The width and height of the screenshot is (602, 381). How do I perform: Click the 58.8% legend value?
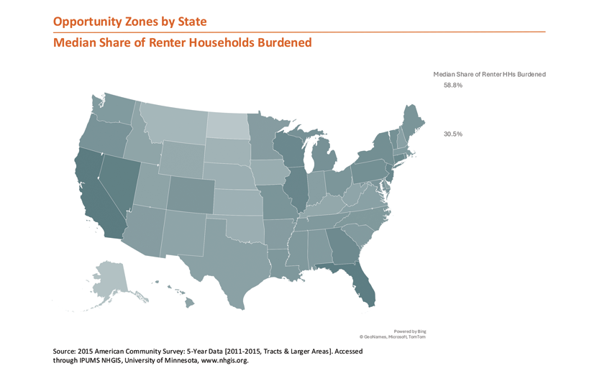pyautogui.click(x=453, y=86)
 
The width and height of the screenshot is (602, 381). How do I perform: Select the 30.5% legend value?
pyautogui.click(x=453, y=134)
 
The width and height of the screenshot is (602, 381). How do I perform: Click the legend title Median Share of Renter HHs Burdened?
pyautogui.click(x=489, y=74)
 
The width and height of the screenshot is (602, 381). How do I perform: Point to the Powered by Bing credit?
pyautogui.click(x=409, y=331)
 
